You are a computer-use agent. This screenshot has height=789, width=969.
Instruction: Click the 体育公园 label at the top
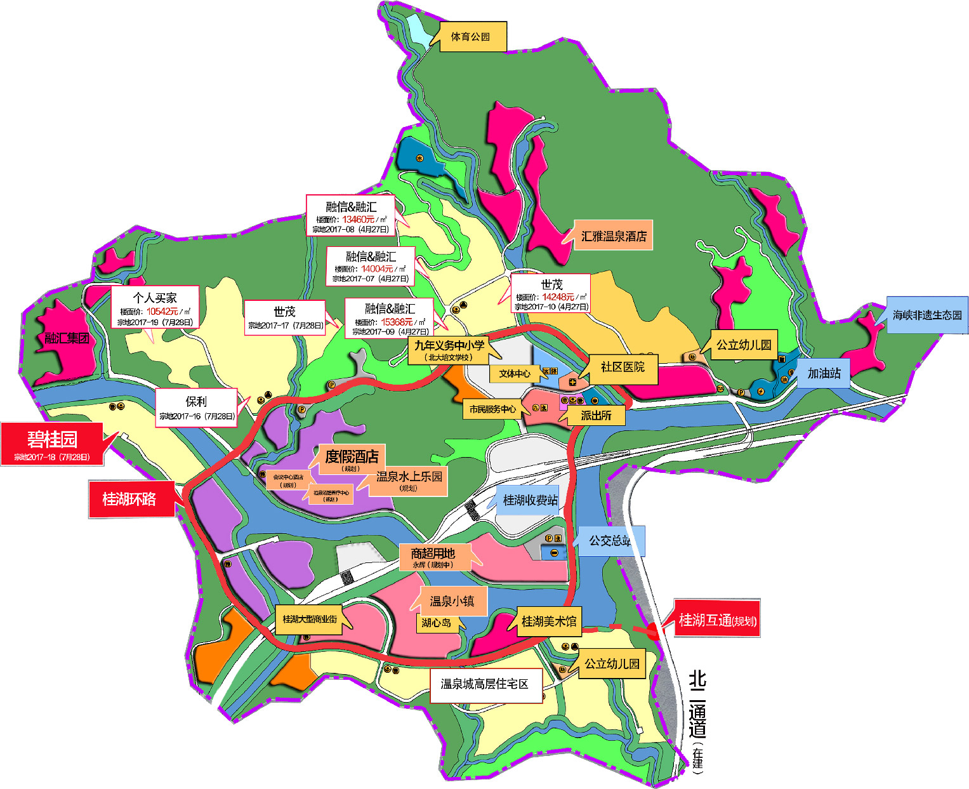pyautogui.click(x=471, y=37)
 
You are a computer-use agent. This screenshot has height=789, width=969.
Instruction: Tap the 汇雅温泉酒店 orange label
pyautogui.click(x=614, y=236)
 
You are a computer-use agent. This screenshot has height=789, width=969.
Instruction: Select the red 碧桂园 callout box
pyautogui.click(x=52, y=444)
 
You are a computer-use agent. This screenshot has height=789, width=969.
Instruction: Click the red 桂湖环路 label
pyautogui.click(x=129, y=500)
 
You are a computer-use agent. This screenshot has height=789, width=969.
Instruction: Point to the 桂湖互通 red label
pyautogui.click(x=716, y=620)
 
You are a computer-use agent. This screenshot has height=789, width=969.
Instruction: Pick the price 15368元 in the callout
pyautogui.click(x=397, y=322)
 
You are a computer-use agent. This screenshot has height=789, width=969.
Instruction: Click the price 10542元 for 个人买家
pyautogui.click(x=162, y=311)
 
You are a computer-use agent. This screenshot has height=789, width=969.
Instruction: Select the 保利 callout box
pyautogui.click(x=197, y=408)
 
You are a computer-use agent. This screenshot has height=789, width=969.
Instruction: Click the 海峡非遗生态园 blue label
pyautogui.click(x=927, y=315)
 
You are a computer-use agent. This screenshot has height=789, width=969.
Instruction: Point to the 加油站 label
pyautogui.click(x=824, y=373)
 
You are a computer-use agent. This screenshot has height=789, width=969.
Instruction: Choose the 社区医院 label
pyautogui.click(x=623, y=367)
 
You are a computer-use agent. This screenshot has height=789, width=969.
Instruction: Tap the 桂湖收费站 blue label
pyautogui.click(x=531, y=500)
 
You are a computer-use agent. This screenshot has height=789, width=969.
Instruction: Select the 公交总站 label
pyautogui.click(x=610, y=541)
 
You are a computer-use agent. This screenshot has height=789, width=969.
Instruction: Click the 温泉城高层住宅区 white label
pyautogui.click(x=485, y=684)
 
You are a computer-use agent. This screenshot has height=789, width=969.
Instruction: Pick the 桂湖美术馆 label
pyautogui.click(x=549, y=621)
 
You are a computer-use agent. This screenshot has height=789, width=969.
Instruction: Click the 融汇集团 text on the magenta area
pyautogui.click(x=67, y=338)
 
